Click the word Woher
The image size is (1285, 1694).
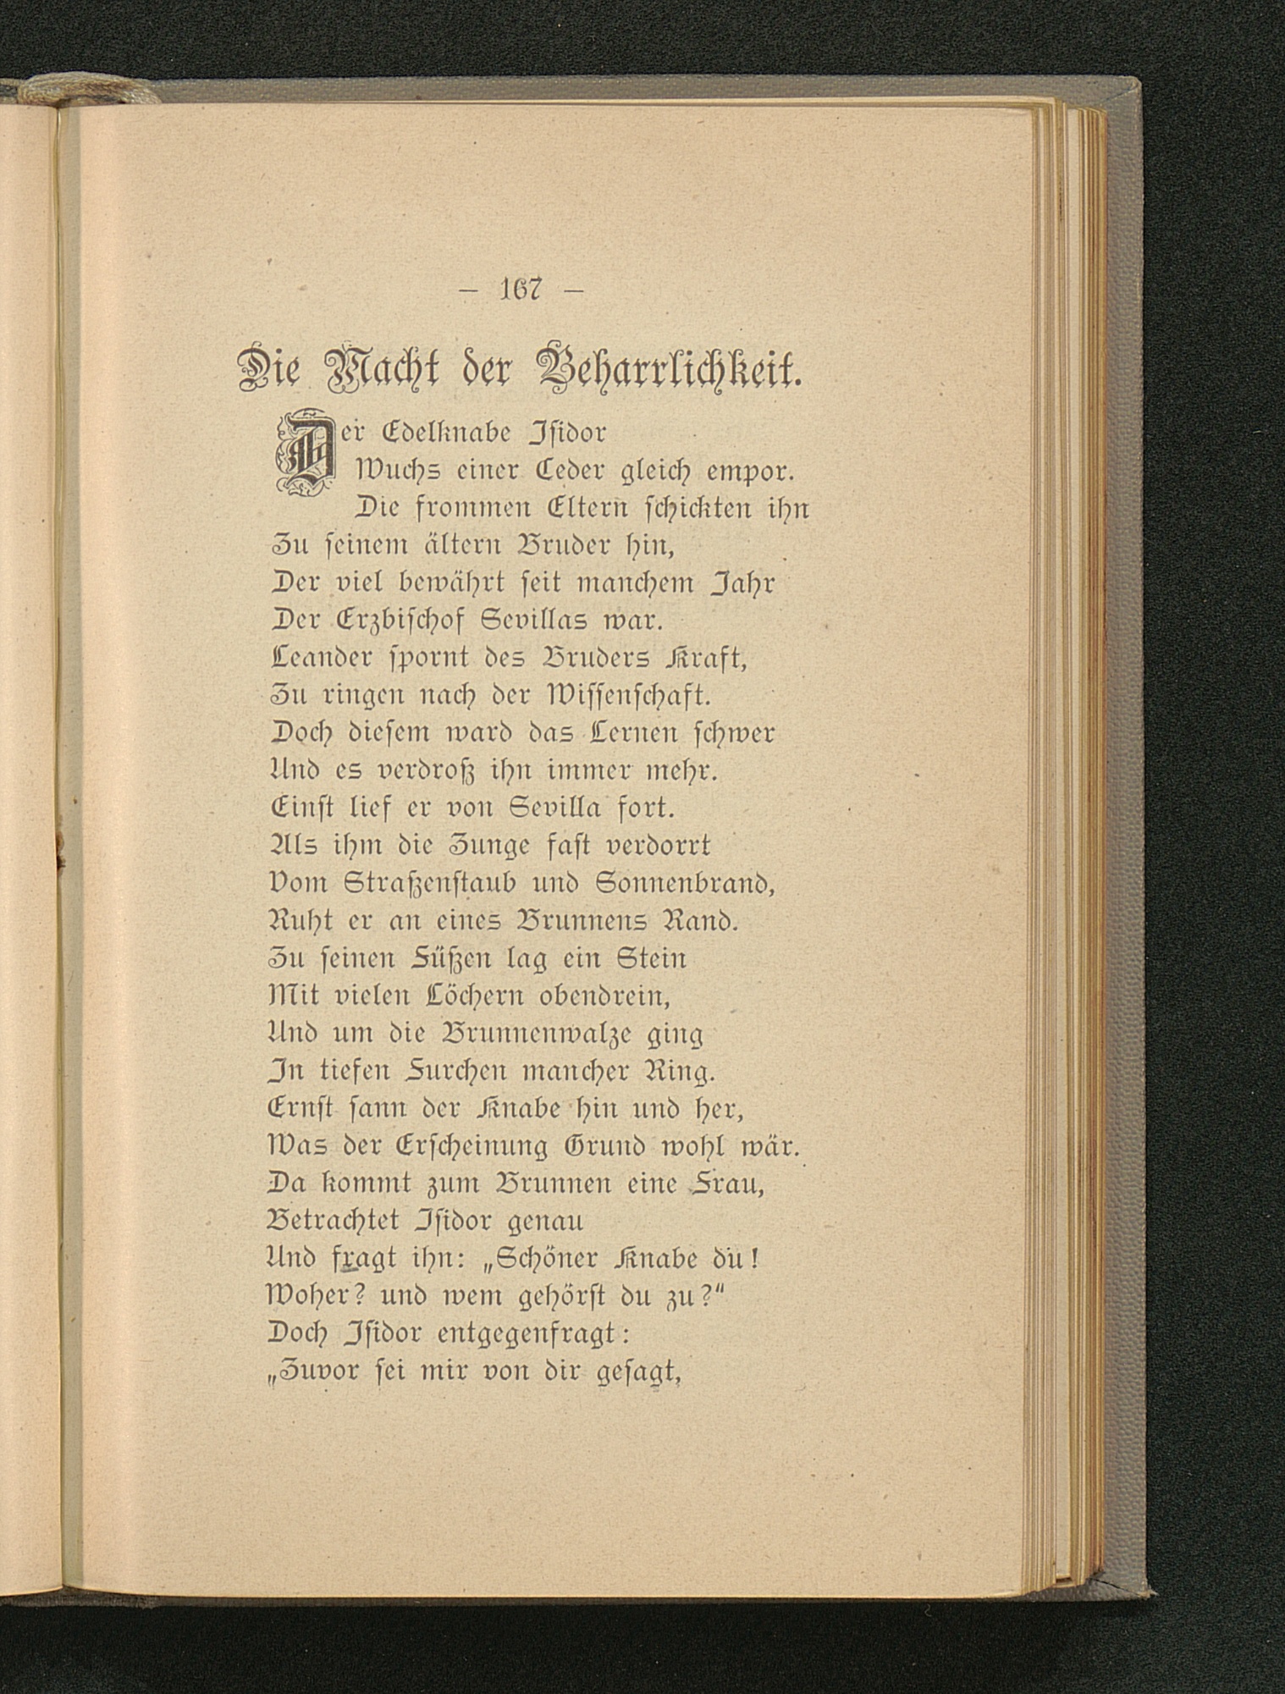coord(309,1297)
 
